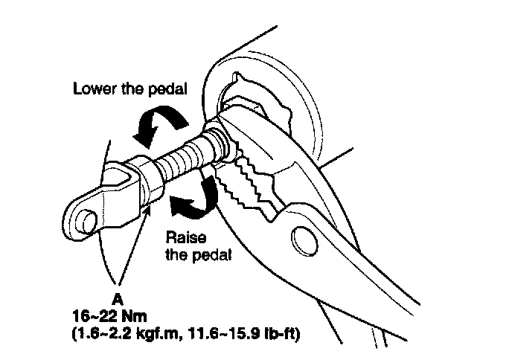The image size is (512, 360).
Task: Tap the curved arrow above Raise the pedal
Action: tap(196, 200)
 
